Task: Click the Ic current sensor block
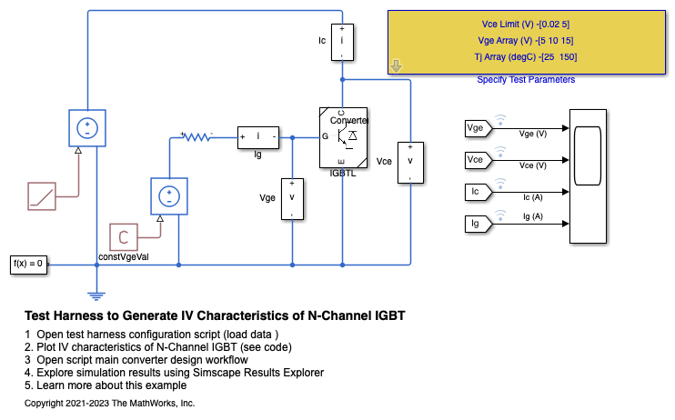342,41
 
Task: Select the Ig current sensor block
259,137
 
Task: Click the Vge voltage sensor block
292,197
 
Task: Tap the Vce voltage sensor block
410,161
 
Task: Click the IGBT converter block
342,137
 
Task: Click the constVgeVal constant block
124,237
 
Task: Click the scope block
587,175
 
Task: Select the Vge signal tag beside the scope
477,128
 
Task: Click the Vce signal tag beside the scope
477,160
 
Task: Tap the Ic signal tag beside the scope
477,192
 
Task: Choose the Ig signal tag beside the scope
477,224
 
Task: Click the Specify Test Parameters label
526,80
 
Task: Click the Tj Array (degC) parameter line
527,57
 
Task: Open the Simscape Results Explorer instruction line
174,372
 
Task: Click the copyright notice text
110,402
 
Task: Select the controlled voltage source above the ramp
88,128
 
